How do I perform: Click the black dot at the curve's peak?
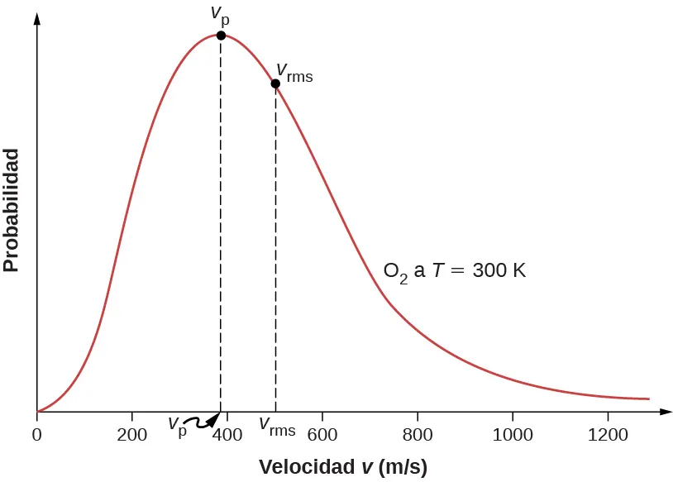(221, 36)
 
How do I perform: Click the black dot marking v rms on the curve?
(275, 84)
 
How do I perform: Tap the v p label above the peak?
(220, 14)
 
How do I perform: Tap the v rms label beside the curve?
(294, 73)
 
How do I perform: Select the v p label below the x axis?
(177, 426)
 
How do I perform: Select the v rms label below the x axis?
(277, 427)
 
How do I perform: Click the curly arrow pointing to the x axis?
(206, 421)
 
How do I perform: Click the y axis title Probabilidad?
(11, 210)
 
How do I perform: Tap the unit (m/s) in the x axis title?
(402, 467)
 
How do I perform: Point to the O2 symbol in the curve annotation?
(395, 272)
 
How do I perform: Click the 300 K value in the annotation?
(499, 270)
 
